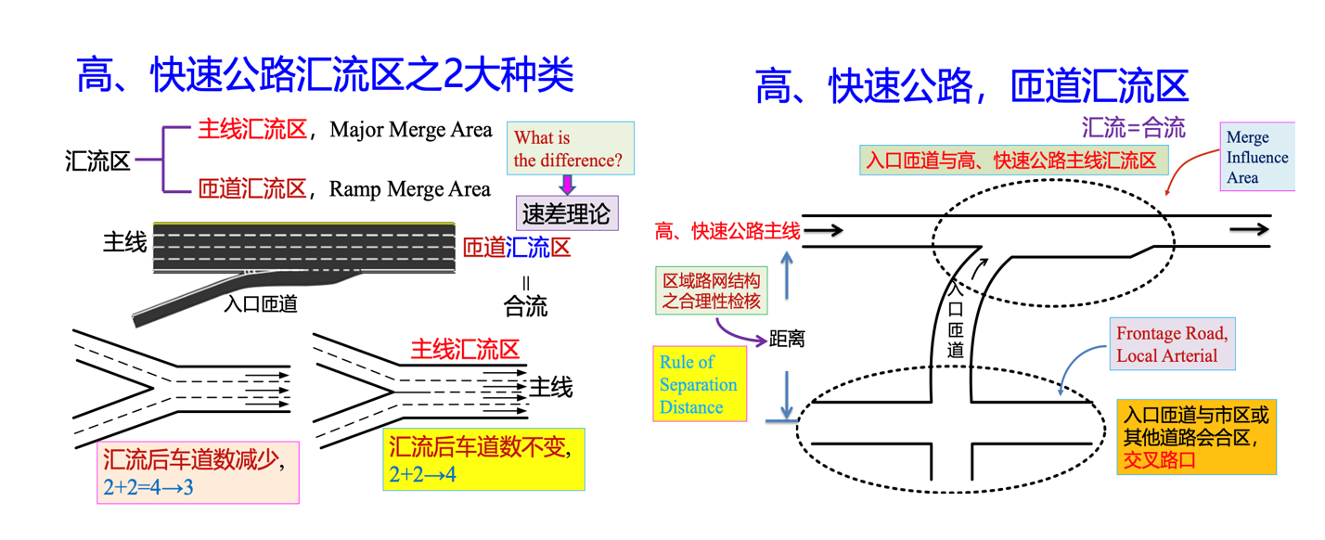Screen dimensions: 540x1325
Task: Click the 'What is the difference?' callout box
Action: tap(570, 148)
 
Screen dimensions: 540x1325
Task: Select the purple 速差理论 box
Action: tap(567, 214)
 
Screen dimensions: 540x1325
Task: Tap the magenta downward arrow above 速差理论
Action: tap(568, 185)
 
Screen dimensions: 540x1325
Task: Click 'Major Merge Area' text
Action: tap(410, 130)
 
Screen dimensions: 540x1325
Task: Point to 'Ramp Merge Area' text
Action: tap(409, 190)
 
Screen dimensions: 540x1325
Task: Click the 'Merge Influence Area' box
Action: tap(1256, 158)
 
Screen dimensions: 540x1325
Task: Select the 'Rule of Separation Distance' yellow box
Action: tap(700, 384)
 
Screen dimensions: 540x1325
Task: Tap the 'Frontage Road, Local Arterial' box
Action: tap(1173, 344)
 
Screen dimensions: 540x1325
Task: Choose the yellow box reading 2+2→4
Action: tap(483, 459)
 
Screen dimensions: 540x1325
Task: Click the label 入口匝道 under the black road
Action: tap(261, 303)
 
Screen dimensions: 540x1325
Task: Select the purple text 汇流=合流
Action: tap(1133, 127)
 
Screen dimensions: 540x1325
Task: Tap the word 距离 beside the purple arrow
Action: tap(787, 340)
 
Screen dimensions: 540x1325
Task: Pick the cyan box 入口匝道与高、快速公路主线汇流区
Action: tap(1011, 161)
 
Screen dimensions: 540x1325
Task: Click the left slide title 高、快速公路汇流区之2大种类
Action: tap(326, 74)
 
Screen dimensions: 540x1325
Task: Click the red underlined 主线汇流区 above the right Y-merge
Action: tap(464, 350)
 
